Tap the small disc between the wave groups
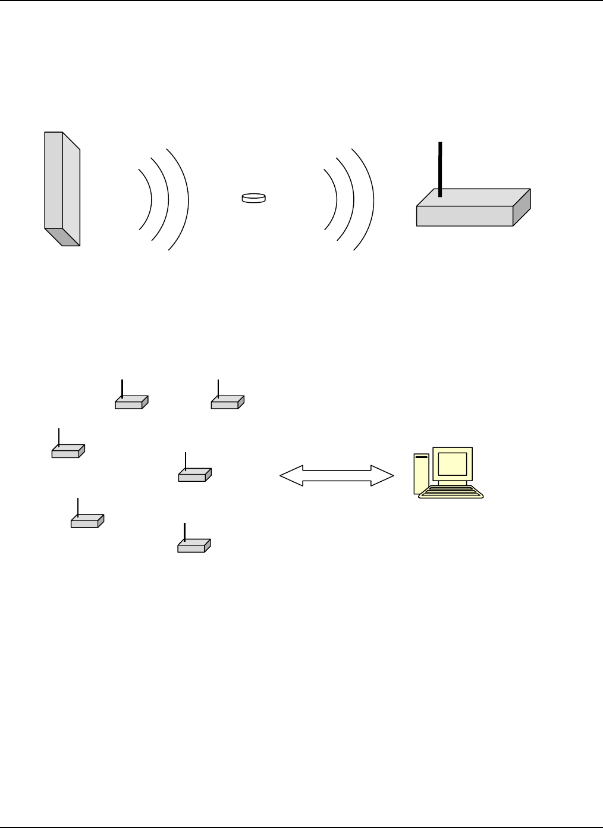point(253,198)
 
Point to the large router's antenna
point(440,170)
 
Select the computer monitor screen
point(452,464)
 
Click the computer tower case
point(421,474)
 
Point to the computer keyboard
point(451,492)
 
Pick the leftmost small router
point(67,453)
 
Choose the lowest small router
point(192,547)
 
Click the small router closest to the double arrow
point(193,476)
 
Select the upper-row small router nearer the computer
point(226,403)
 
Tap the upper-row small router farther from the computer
point(130,403)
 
